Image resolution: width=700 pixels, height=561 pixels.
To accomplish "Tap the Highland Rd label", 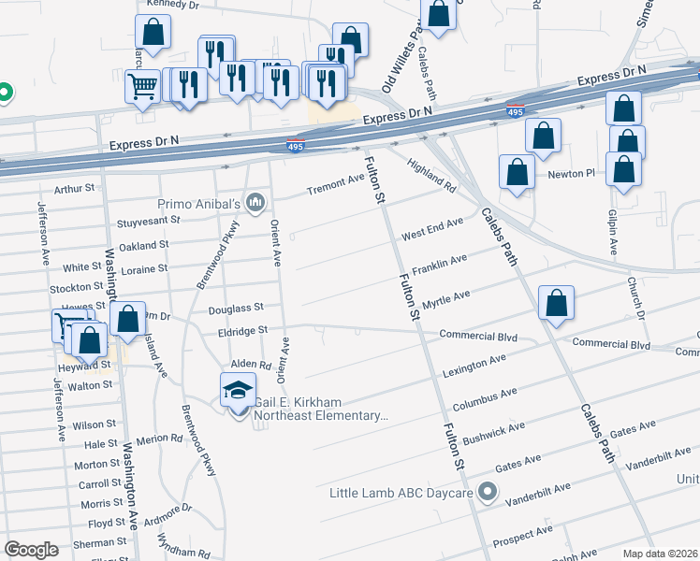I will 431,175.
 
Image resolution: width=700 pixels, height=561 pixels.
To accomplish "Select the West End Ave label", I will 432,229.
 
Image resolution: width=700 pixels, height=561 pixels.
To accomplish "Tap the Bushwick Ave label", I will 495,432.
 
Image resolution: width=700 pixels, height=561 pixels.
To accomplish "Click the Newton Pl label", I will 572,174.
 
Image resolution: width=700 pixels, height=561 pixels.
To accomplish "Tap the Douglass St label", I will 236,307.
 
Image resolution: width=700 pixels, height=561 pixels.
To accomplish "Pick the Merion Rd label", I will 158,439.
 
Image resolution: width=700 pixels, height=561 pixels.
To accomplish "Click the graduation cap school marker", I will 239,390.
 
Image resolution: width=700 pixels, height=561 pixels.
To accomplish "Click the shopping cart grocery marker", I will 142,87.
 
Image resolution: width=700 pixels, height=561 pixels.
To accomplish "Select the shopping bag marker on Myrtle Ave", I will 556,304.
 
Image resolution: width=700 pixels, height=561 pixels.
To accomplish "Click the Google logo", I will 31,550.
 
